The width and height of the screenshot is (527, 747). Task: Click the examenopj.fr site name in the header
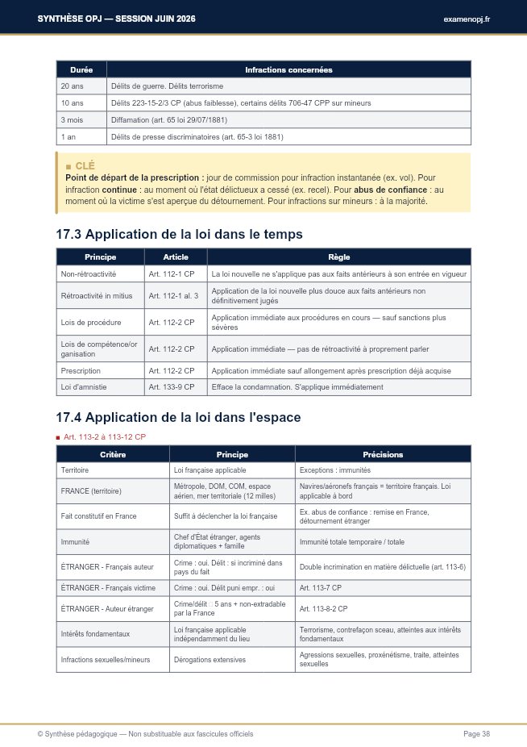467,19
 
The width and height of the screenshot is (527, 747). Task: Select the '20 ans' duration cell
73,86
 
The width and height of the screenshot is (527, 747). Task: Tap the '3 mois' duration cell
73,120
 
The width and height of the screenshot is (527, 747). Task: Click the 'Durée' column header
81,70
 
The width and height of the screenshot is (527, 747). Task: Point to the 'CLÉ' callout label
85,165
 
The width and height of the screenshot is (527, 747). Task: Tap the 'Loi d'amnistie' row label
84,387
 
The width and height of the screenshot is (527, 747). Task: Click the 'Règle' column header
338,257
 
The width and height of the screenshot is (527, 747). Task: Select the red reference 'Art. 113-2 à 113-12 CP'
106,436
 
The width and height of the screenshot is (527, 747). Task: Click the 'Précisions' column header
383,455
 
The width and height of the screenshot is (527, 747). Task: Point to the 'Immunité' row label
75,542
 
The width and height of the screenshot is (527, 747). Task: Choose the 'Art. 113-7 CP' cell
321,586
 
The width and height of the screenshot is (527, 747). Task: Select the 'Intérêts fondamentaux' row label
95,634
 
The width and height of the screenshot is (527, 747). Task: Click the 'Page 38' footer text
476,734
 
